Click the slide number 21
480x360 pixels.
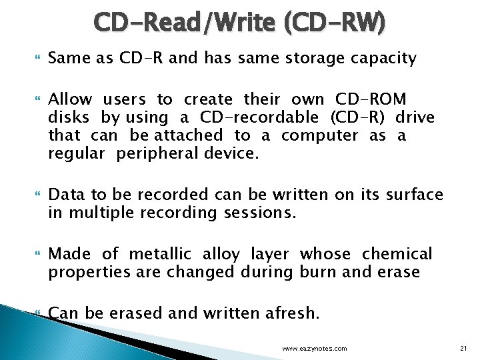point(465,348)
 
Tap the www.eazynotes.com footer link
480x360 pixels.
point(314,349)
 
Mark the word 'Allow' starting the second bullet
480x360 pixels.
point(70,100)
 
